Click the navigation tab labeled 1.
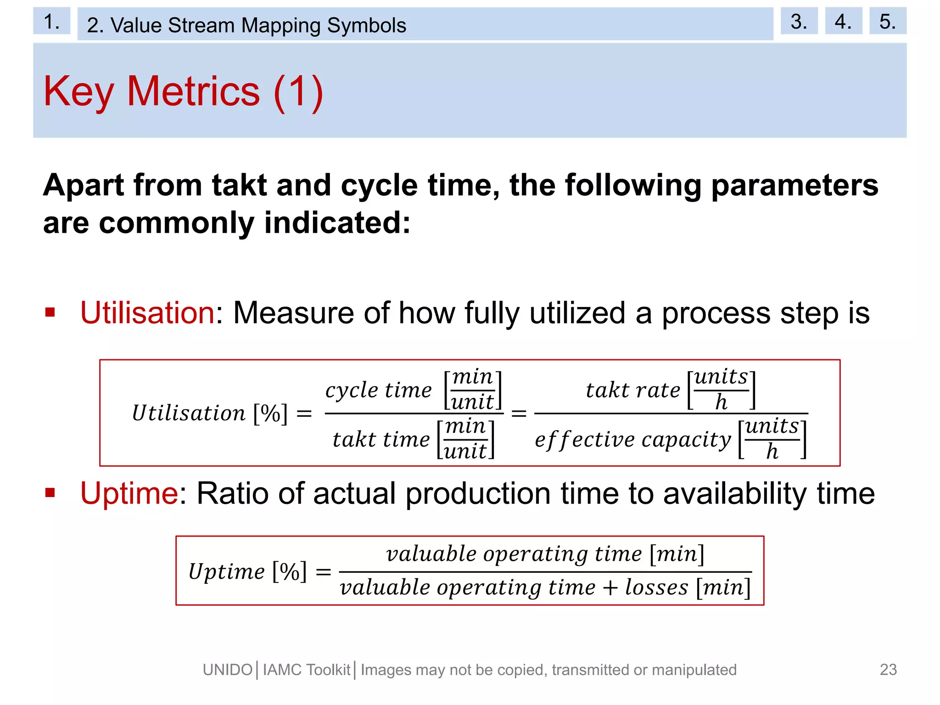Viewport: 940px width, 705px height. [51, 21]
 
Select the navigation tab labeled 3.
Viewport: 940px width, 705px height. [799, 21]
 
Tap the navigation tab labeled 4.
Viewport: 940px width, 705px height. [843, 21]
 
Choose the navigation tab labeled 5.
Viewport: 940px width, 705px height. [887, 21]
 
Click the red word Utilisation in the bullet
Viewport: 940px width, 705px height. [147, 313]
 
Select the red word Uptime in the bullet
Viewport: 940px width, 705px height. [129, 493]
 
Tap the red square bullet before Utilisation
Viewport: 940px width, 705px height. [50, 313]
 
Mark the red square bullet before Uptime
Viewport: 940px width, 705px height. [50, 493]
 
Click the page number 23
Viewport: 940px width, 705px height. [888, 670]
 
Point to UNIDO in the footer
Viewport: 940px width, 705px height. [228, 670]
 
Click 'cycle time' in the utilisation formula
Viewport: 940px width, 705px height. [378, 390]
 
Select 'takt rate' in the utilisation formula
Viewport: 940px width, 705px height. [633, 390]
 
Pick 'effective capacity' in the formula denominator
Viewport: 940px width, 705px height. [633, 440]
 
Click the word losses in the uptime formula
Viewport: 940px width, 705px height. [656, 587]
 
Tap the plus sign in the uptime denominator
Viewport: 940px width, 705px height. [610, 588]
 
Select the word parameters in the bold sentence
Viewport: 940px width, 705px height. [795, 185]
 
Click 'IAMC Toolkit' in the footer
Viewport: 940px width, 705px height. [307, 670]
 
